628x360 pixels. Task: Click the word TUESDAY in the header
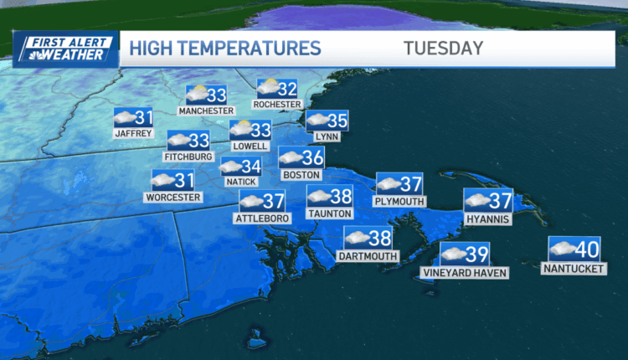(x=443, y=48)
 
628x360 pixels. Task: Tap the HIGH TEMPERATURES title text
(x=224, y=48)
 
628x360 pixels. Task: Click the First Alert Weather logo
(x=66, y=49)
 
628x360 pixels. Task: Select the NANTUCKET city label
(x=574, y=269)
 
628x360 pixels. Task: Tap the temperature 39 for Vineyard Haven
(x=477, y=253)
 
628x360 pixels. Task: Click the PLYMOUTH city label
(x=401, y=202)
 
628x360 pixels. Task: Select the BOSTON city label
(x=301, y=175)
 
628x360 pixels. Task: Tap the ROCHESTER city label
(x=277, y=104)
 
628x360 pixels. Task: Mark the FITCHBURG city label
(x=190, y=157)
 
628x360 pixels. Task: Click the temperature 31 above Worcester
(x=184, y=179)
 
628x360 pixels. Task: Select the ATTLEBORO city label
(x=263, y=219)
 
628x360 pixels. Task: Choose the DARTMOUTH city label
(x=368, y=255)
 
